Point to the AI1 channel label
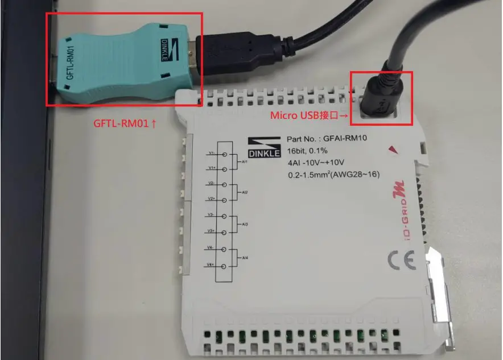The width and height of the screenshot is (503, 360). coord(244,161)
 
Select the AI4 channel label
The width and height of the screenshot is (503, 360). coord(244,257)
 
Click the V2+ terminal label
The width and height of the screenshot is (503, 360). coord(211,199)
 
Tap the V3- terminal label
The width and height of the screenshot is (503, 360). coord(211,215)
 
